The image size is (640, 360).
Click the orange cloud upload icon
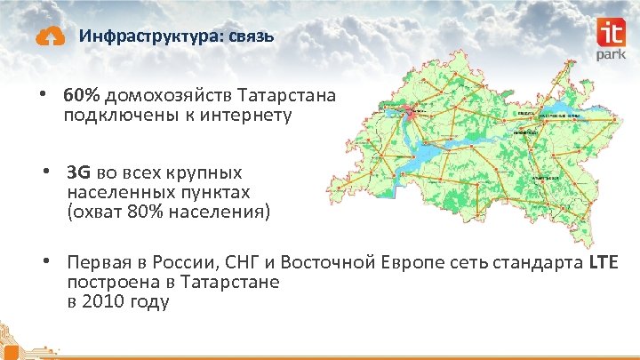point(50,36)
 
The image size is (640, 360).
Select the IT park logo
point(613,40)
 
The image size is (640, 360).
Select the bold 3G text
point(77,172)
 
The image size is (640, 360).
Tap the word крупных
point(210,172)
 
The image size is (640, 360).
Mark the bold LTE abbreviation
point(603,263)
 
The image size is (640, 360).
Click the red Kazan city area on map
point(411,112)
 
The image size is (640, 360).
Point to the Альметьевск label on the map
point(545,178)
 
